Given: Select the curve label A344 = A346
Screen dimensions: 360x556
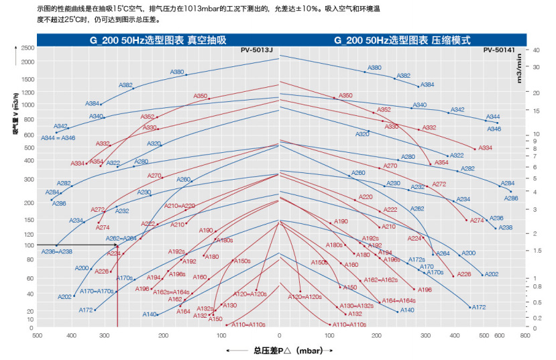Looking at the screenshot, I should click(58, 137).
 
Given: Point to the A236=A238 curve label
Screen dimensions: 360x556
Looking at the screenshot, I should click(57, 251).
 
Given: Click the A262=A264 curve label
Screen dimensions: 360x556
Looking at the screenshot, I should click(121, 239).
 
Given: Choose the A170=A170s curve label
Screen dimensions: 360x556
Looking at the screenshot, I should click(97, 291).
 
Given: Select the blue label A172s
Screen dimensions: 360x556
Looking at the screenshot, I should click(417, 259).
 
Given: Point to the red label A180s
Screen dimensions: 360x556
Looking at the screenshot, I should click(334, 245).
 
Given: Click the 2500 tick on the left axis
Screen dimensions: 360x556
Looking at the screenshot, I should click(27, 48).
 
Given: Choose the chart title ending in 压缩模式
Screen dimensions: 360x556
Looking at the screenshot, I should click(402, 40).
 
